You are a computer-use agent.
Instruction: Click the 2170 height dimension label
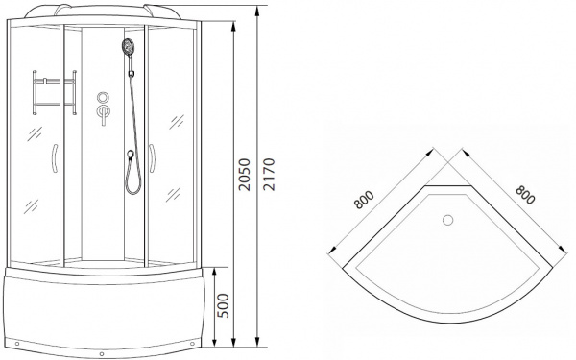tap(269, 175)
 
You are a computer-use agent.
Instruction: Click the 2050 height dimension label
tap(244, 175)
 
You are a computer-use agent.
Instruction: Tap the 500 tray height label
tap(223, 305)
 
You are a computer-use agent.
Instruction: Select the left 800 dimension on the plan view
tap(364, 200)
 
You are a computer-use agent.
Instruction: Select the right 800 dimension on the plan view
tap(525, 195)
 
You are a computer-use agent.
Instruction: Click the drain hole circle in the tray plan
tap(447, 220)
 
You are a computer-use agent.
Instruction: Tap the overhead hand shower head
tap(128, 47)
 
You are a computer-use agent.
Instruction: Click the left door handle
tap(54, 158)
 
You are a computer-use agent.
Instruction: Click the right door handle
tap(152, 158)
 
